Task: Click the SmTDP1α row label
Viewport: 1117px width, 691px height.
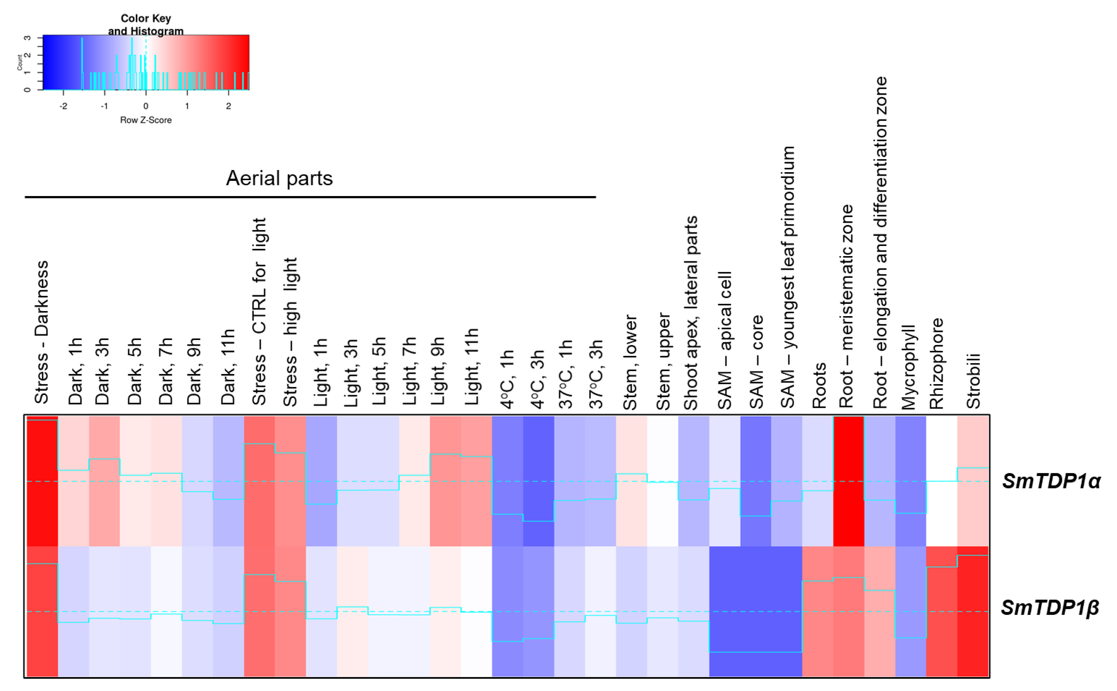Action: (1051, 481)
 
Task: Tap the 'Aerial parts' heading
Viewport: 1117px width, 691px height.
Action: (279, 178)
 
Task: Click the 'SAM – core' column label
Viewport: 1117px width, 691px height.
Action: (756, 362)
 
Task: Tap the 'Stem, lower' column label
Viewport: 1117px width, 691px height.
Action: (630, 362)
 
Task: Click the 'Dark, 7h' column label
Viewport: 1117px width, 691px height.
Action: (166, 371)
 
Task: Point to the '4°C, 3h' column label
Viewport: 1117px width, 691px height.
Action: (538, 379)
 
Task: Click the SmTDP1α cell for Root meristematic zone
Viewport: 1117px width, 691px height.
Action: (849, 481)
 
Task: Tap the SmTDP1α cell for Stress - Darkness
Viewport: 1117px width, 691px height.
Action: (42, 481)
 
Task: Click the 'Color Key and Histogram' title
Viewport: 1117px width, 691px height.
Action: (146, 25)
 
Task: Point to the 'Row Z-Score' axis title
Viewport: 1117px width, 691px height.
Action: (146, 120)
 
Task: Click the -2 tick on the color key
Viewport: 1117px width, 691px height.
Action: (63, 106)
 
